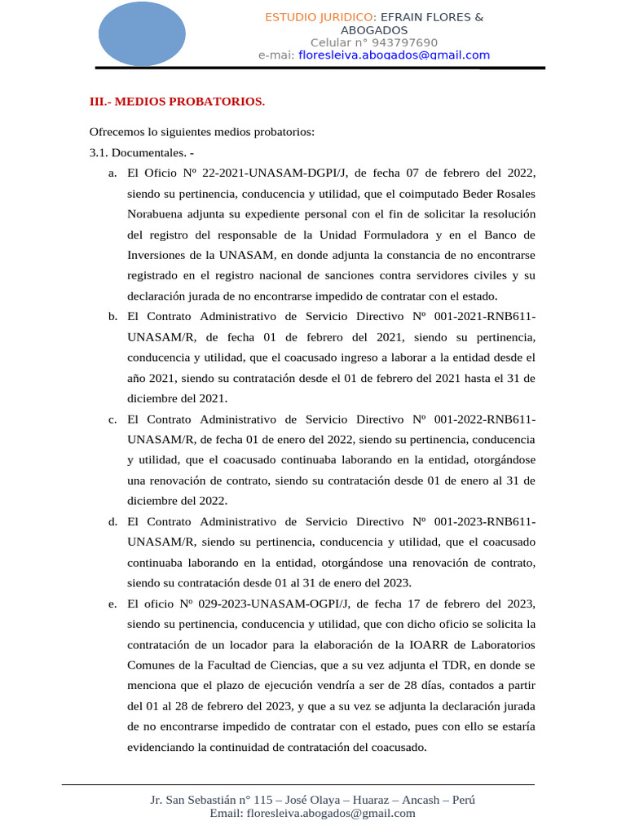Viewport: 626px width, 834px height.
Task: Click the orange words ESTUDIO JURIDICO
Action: (319, 17)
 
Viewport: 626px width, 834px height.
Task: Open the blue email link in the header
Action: (395, 55)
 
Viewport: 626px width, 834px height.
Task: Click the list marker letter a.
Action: (111, 173)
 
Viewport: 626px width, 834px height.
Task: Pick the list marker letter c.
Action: (111, 419)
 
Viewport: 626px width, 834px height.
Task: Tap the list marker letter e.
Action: (111, 604)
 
